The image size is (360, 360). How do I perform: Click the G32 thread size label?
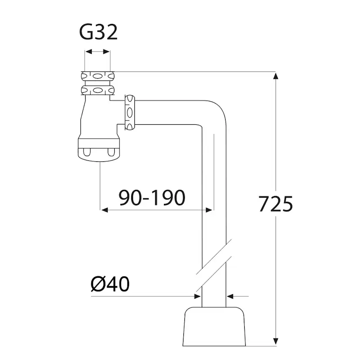(98, 33)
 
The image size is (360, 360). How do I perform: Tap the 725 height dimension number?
(276, 203)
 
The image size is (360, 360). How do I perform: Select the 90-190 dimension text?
(152, 198)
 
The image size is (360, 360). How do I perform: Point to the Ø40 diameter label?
(110, 285)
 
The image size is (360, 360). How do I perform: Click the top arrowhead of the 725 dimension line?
(275, 77)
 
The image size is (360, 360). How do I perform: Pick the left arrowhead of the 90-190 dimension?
(104, 210)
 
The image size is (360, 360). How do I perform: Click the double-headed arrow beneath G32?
(97, 52)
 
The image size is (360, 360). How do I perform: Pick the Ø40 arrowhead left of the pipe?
(197, 297)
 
